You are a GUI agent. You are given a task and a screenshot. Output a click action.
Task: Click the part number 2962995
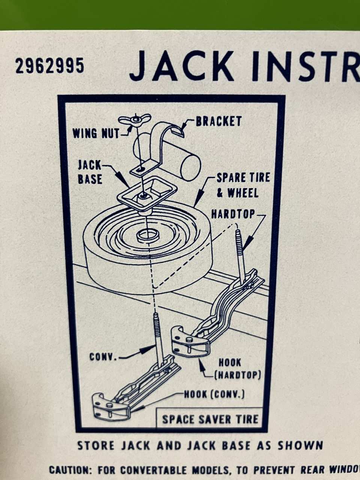(49, 66)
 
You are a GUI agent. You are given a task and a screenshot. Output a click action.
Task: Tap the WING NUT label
(96, 133)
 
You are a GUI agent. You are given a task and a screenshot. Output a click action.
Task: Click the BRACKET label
(219, 121)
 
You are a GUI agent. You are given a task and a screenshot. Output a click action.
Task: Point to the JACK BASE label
(90, 172)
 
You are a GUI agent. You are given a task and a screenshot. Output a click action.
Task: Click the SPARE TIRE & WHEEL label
(243, 185)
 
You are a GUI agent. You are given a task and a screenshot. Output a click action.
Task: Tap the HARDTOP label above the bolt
(233, 214)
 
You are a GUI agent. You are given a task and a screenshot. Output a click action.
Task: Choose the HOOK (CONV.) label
(214, 394)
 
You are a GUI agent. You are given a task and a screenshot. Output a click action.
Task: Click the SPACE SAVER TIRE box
(210, 419)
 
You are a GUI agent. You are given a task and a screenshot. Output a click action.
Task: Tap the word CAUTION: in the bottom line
(71, 469)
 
